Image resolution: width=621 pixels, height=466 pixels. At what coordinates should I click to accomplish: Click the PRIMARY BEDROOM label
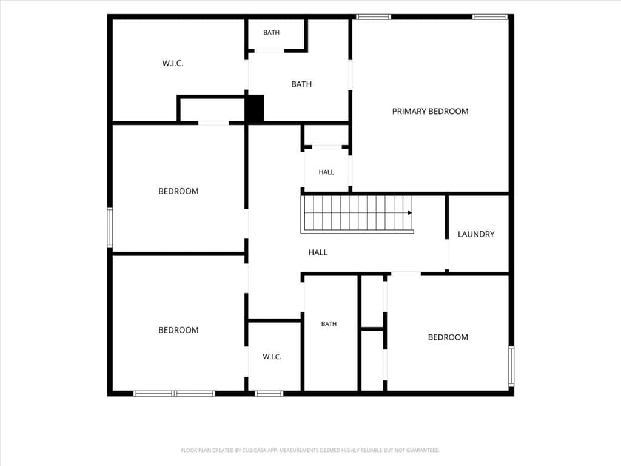tap(430, 112)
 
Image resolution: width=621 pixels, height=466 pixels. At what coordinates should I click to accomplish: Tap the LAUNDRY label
tap(476, 234)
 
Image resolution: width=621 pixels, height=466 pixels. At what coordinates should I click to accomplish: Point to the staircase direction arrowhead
tap(410, 213)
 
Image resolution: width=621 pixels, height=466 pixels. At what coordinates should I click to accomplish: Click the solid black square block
tap(254, 109)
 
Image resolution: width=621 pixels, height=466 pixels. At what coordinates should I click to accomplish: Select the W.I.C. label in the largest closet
tap(173, 63)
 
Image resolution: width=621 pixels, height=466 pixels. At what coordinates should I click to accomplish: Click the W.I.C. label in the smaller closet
tap(272, 357)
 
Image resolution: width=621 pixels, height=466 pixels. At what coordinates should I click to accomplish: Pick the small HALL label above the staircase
tap(326, 172)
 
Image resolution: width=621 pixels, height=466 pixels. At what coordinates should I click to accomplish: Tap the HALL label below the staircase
tap(318, 252)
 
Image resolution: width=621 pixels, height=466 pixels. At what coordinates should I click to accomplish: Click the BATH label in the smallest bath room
tap(271, 33)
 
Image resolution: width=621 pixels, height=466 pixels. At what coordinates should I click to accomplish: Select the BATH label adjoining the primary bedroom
tap(301, 84)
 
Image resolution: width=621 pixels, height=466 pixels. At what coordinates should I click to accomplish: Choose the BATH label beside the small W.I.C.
tap(329, 324)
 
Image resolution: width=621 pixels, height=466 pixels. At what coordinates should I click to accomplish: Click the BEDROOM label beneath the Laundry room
tap(448, 337)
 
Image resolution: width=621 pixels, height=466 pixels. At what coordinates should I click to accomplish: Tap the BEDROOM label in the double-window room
tap(178, 330)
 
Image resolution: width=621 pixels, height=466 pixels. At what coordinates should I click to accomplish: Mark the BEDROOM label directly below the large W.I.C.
tap(178, 191)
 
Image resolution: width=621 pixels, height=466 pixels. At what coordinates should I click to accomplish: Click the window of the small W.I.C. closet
tap(269, 393)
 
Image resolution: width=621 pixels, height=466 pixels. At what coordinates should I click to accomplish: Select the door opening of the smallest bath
tap(269, 51)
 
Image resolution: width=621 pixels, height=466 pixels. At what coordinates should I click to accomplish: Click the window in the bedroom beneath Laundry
tap(511, 366)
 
